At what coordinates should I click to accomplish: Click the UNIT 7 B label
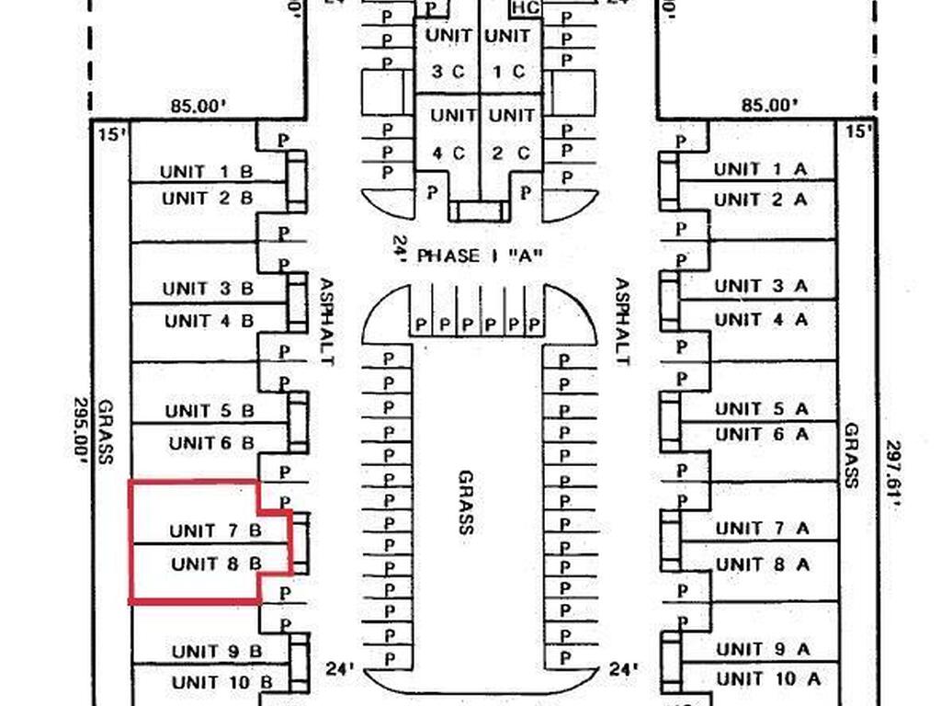tap(215, 530)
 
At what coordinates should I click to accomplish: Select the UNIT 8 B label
tap(216, 564)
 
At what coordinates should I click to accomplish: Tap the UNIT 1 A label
tap(761, 169)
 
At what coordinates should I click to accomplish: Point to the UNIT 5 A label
tap(762, 408)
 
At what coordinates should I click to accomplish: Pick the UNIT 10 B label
tap(221, 682)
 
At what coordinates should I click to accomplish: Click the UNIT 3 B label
tap(208, 289)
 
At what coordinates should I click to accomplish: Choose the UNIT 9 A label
tap(762, 649)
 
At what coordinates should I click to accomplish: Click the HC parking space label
tap(525, 8)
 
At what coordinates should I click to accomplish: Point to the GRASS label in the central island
tap(466, 502)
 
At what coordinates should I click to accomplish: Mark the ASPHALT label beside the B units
tap(325, 322)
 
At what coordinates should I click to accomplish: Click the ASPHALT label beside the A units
tap(622, 322)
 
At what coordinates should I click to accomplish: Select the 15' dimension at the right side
tap(856, 132)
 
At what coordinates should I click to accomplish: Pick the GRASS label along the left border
tap(106, 432)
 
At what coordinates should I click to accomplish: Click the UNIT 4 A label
tap(761, 320)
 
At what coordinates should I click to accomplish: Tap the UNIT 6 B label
tap(211, 443)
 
